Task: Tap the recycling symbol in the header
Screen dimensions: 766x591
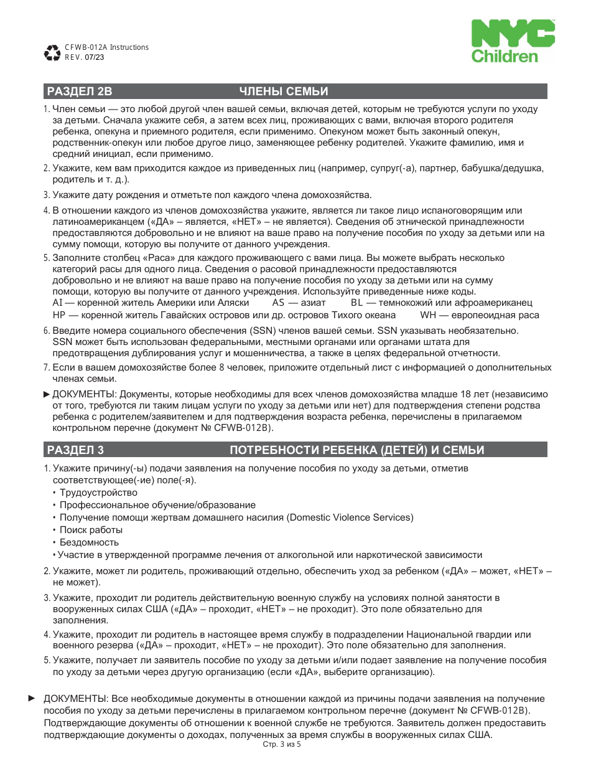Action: click(52, 52)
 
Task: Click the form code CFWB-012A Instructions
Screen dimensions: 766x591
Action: click(106, 47)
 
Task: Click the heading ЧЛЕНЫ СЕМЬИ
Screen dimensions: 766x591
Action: click(284, 92)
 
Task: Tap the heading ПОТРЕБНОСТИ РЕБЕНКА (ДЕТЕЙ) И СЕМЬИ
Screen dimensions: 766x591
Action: click(357, 450)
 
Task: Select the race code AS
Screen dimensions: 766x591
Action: click(279, 303)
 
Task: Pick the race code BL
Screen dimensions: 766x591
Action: click(356, 303)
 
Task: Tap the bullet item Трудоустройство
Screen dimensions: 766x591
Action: click(98, 493)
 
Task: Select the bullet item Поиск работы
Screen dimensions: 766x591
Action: click(91, 530)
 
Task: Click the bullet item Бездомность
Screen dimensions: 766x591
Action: click(89, 542)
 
